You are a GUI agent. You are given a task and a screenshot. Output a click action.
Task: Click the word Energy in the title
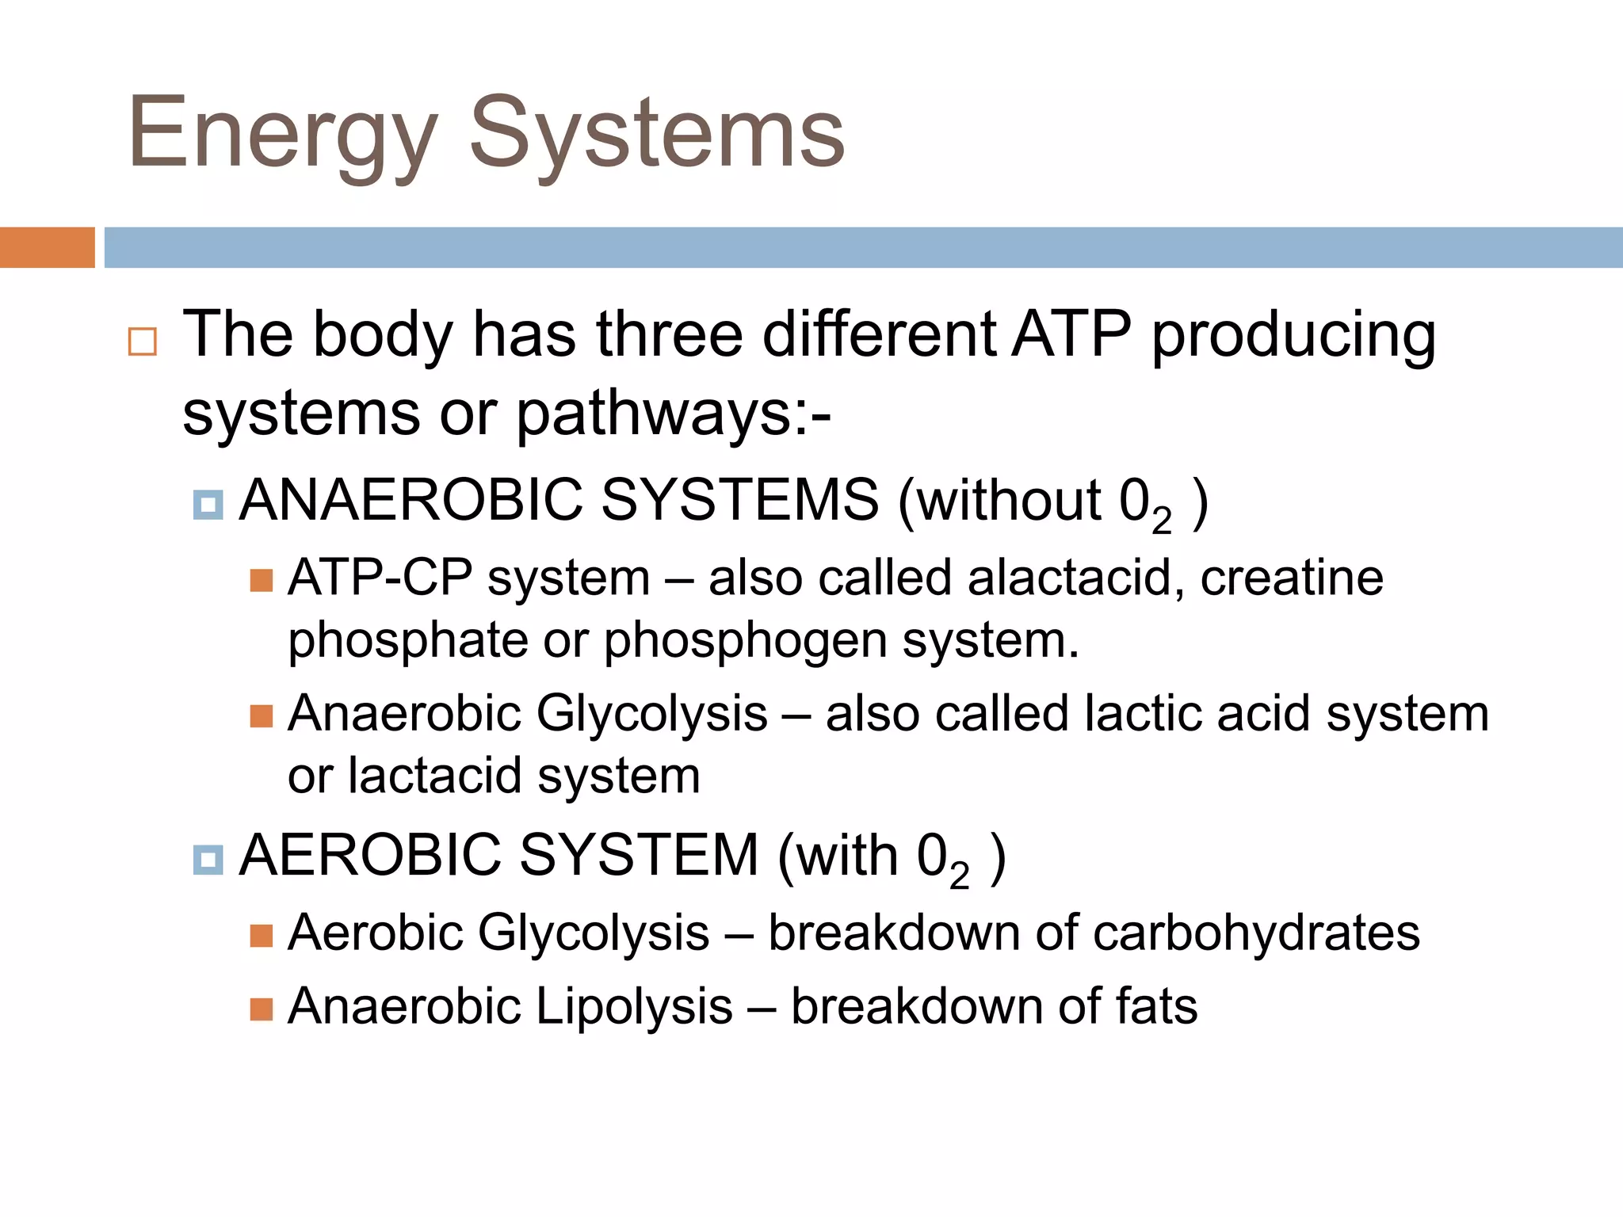click(x=281, y=135)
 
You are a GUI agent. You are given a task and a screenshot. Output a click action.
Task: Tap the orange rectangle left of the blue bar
click(x=47, y=247)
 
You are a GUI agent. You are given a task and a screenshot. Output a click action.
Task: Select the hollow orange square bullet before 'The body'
click(x=143, y=341)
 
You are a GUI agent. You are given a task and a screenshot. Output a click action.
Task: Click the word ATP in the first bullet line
click(x=1071, y=334)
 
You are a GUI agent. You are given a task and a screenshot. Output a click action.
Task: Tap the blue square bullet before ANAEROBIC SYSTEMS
click(x=208, y=504)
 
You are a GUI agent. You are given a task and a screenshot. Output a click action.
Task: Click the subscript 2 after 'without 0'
click(x=1161, y=521)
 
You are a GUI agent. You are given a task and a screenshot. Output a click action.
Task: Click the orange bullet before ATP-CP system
click(x=261, y=581)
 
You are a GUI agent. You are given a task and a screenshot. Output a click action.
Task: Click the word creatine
click(x=1291, y=578)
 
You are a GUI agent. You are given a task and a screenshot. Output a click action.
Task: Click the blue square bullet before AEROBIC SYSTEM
click(x=208, y=859)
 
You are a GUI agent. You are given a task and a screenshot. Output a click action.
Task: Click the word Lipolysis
click(x=634, y=1007)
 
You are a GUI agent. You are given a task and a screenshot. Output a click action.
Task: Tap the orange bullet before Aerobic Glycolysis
click(x=261, y=936)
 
